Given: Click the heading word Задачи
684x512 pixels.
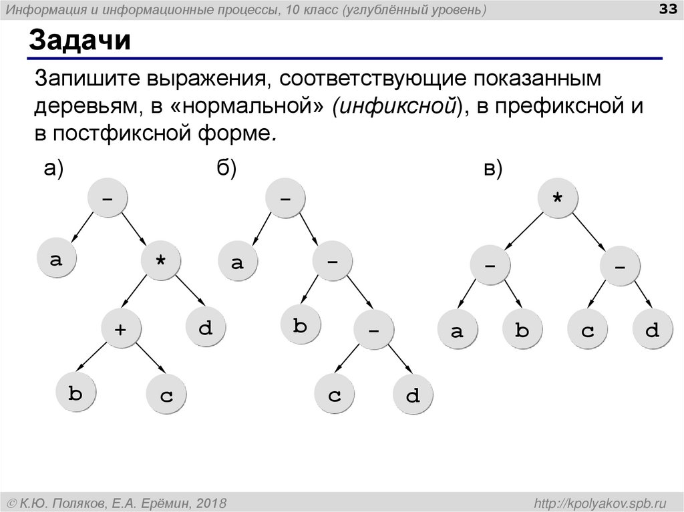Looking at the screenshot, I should [x=79, y=41].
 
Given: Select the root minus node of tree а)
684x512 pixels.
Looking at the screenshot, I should [x=106, y=198].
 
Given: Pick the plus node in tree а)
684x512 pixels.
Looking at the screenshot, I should [x=121, y=328].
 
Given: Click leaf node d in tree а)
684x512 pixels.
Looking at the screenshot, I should [x=206, y=327].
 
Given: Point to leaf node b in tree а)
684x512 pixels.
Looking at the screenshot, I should [x=75, y=395].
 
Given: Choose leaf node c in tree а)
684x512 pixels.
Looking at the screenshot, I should [x=166, y=397].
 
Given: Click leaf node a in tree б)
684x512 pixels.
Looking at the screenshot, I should [x=238, y=262].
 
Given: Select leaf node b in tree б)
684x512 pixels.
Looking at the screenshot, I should [x=300, y=326].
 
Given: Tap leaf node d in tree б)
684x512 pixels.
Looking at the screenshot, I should [x=413, y=397].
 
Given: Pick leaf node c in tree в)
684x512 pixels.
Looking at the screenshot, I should [x=587, y=330].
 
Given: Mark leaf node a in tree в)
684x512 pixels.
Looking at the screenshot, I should [x=457, y=330].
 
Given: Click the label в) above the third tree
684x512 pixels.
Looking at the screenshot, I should [x=493, y=170].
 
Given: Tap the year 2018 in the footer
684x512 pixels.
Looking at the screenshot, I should [x=210, y=501].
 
